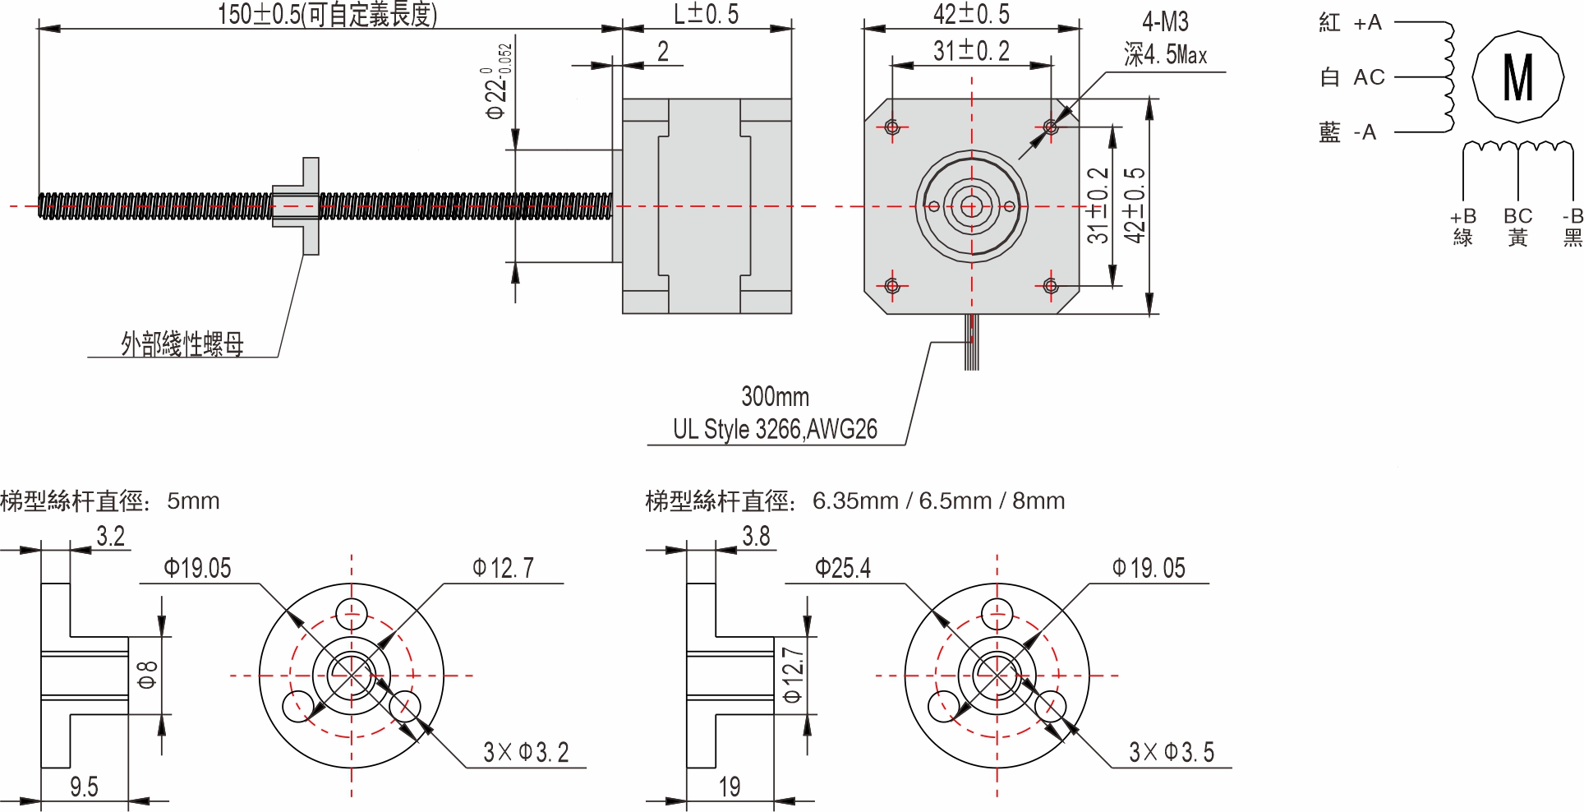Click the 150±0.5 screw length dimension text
327,14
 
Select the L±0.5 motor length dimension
706,14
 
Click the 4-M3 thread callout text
1164,22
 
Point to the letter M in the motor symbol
1517,77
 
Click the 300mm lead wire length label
775,397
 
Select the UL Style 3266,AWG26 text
775,429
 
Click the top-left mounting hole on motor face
892,127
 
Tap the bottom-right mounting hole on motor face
1050,286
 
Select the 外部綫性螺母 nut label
182,344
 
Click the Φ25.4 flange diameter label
842,568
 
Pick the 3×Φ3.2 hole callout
526,752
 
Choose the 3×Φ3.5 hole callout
1171,752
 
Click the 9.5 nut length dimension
84,787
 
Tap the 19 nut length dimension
730,787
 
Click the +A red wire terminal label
1367,23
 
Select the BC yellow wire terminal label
1517,216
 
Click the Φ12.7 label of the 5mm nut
503,568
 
